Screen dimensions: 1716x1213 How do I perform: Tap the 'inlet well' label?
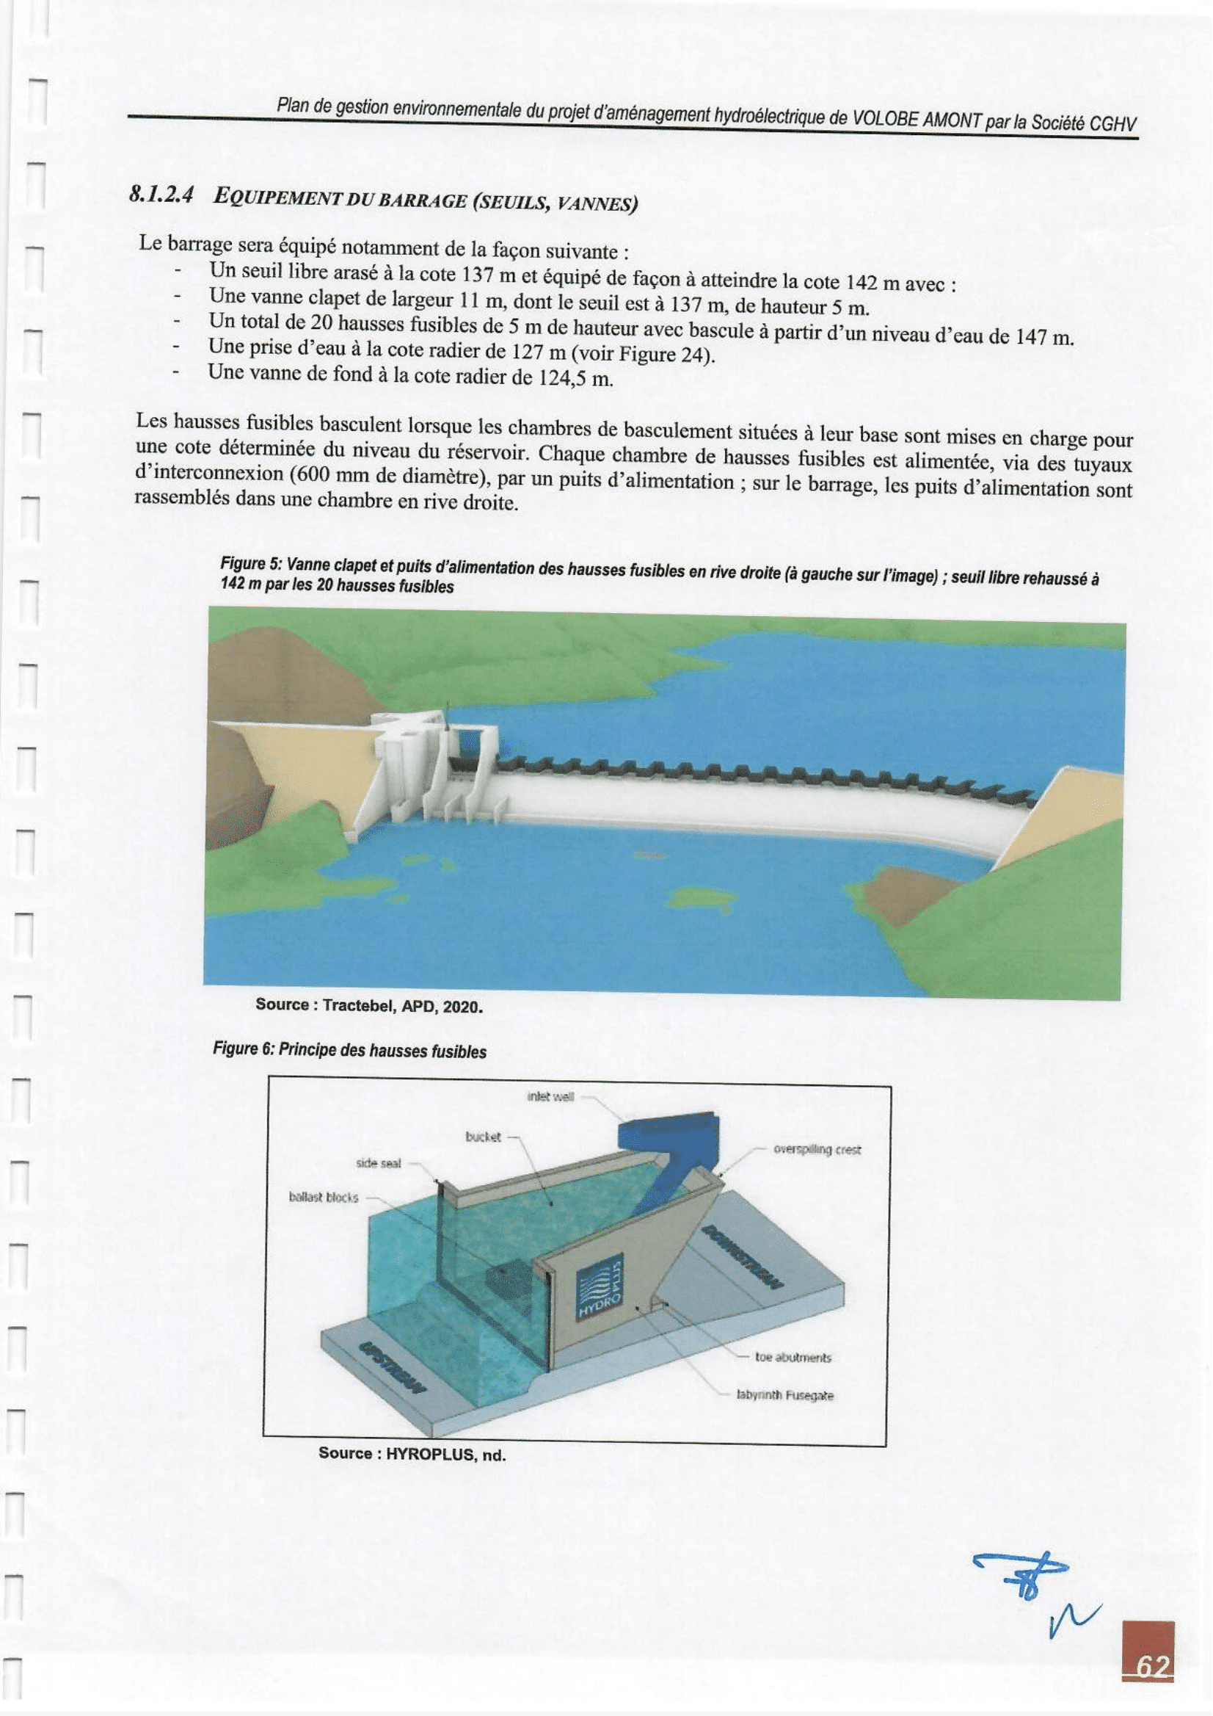(x=550, y=1096)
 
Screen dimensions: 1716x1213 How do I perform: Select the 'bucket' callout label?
(x=483, y=1137)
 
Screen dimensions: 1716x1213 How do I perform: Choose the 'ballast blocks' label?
(x=324, y=1198)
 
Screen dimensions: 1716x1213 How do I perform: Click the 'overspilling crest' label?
(x=817, y=1149)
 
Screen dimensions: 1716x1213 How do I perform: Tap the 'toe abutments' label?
(x=793, y=1357)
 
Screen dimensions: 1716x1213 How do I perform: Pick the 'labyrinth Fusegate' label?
(x=784, y=1395)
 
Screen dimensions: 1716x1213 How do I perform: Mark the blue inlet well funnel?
(x=667, y=1137)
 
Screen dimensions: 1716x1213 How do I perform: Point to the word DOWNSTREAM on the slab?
(x=743, y=1257)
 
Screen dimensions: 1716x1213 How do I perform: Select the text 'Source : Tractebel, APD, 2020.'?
(x=369, y=1005)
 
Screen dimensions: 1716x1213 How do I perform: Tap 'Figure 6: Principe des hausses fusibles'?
(x=349, y=1050)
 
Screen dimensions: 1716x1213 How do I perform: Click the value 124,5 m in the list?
(x=575, y=378)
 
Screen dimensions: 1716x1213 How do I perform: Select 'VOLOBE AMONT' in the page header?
(x=917, y=120)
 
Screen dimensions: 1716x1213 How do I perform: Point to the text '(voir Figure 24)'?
(x=642, y=353)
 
